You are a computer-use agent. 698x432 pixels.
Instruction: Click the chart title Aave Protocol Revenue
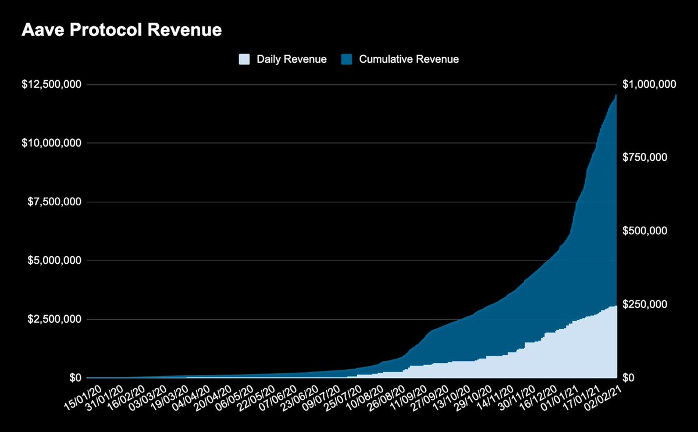pyautogui.click(x=122, y=30)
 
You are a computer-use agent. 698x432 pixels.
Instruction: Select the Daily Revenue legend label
pyautogui.click(x=291, y=59)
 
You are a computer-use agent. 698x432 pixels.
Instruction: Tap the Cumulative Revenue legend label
pyautogui.click(x=409, y=59)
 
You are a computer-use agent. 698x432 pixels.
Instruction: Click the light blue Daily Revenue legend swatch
pyautogui.click(x=244, y=59)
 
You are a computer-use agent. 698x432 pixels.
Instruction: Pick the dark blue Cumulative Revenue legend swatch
pyautogui.click(x=347, y=59)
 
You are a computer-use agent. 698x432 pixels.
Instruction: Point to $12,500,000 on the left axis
pyautogui.click(x=52, y=85)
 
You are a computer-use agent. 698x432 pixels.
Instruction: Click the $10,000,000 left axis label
pyautogui.click(x=52, y=144)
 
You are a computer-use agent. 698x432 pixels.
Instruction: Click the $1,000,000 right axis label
pyautogui.click(x=649, y=85)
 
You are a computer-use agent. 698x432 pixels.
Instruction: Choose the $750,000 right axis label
pyautogui.click(x=644, y=158)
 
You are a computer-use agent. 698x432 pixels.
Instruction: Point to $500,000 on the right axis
pyautogui.click(x=644, y=231)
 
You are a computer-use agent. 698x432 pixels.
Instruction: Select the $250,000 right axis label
pyautogui.click(x=644, y=305)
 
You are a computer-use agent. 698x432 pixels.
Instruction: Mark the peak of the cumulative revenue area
pyautogui.click(x=616, y=95)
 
